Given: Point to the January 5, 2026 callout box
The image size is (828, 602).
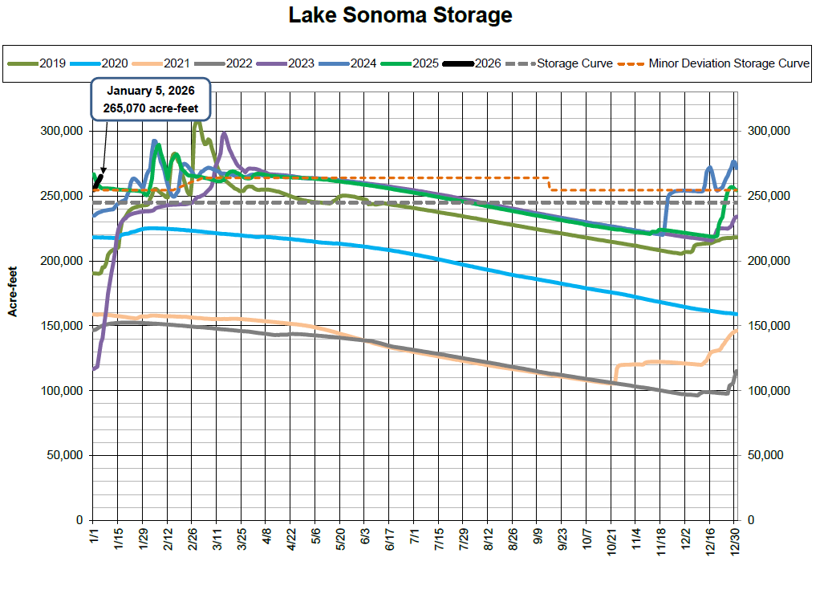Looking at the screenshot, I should pyautogui.click(x=151, y=99).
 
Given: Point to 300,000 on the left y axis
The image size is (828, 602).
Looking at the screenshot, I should pyautogui.click(x=62, y=131).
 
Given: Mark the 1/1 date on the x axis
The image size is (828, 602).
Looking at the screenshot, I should pyautogui.click(x=94, y=535).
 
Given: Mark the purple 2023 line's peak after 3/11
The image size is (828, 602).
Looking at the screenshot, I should pyautogui.click(x=224, y=134).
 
